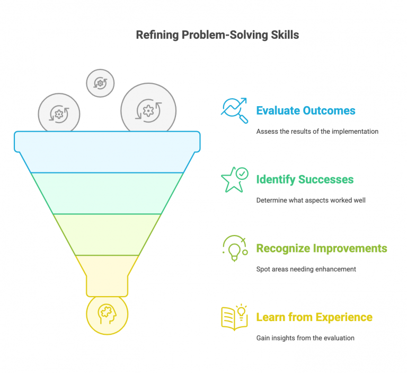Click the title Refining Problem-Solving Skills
(x=217, y=35)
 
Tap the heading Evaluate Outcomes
(x=306, y=111)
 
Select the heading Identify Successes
(x=305, y=179)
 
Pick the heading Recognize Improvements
(x=322, y=248)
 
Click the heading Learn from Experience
(x=314, y=317)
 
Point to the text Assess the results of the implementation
(x=317, y=131)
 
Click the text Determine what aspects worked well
(x=311, y=200)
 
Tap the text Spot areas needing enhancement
(x=306, y=269)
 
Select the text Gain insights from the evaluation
(x=305, y=338)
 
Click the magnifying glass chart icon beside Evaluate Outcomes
(x=234, y=110)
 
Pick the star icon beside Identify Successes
(x=234, y=179)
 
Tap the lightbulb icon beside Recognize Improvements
(x=234, y=248)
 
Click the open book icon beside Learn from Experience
(x=234, y=317)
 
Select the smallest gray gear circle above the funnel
(x=100, y=83)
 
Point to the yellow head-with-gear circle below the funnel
(x=107, y=314)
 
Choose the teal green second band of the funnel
(x=107, y=193)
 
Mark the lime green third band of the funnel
(x=107, y=234)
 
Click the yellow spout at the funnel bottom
(x=107, y=275)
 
